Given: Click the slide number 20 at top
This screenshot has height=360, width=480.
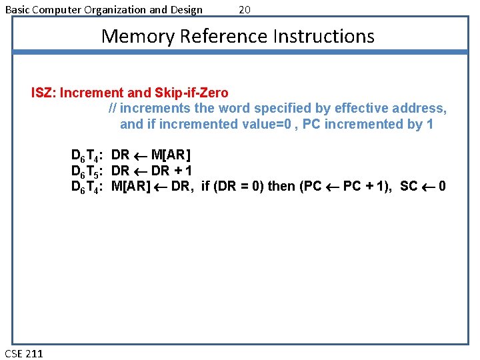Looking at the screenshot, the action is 245,9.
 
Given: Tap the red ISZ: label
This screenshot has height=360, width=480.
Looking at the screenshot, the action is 43,93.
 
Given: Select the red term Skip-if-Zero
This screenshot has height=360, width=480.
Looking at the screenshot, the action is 194,93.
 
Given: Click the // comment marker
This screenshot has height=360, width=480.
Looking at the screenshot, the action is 113,108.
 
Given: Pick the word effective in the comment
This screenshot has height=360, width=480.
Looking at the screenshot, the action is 361,108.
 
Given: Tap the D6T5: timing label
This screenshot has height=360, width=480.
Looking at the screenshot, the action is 87,171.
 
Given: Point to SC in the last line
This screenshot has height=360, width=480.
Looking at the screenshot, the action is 409,186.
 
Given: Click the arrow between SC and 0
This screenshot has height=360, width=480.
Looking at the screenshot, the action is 429,186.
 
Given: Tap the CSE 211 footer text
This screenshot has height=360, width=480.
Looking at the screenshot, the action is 23,353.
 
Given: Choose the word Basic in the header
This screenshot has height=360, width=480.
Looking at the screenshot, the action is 18,9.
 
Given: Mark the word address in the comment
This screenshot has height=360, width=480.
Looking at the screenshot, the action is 418,108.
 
